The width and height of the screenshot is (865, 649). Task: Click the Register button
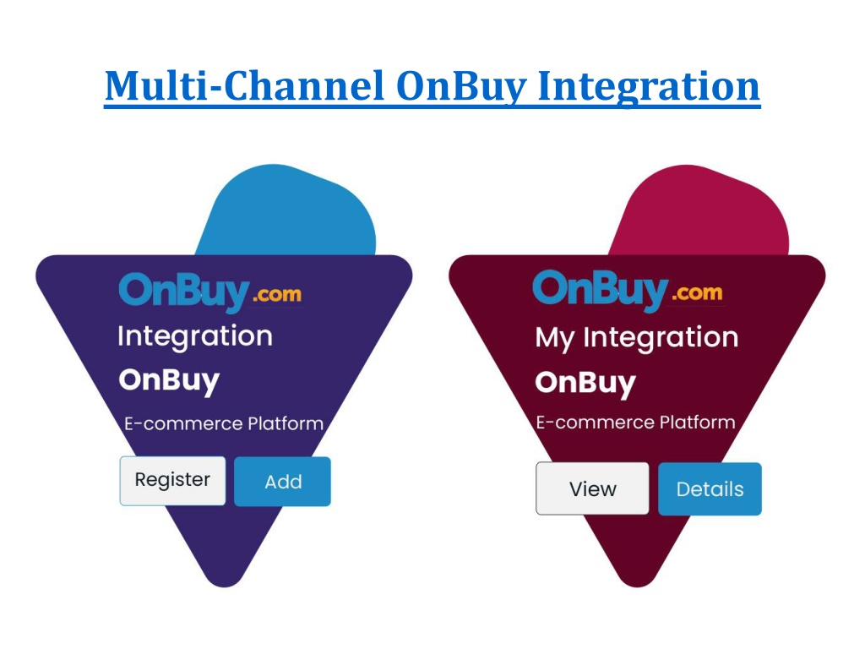[172, 481]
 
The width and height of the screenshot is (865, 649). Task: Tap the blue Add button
[282, 481]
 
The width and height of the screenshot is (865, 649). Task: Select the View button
[592, 488]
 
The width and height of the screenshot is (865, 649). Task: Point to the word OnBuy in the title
[462, 87]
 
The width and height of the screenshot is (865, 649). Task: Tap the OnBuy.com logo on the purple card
[210, 292]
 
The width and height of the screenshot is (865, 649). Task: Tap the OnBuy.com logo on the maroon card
[628, 290]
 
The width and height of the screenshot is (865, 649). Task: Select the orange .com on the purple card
[277, 295]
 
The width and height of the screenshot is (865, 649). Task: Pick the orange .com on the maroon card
[697, 292]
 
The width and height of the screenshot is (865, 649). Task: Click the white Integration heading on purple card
[195, 336]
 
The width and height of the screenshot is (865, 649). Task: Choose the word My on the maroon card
[555, 338]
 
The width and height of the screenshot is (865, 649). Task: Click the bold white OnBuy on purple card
[169, 381]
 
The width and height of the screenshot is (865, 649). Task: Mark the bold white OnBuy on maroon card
[585, 383]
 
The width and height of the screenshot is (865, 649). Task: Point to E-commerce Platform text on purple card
[223, 423]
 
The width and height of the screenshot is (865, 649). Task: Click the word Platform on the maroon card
[697, 423]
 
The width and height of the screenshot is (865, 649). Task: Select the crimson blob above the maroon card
[700, 210]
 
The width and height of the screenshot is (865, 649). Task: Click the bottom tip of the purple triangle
[225, 586]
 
